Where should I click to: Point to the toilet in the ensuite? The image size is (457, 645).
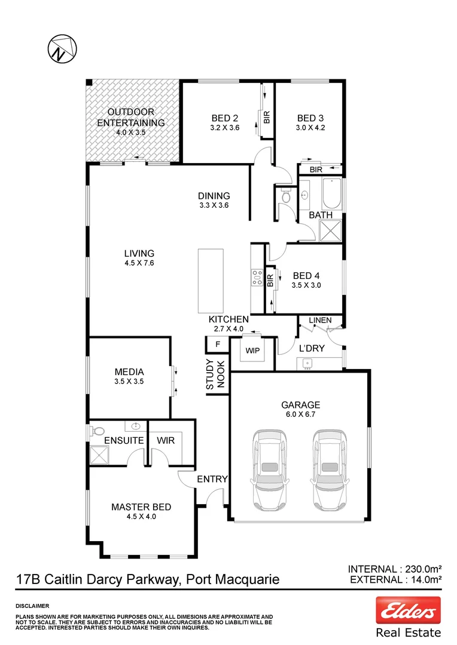[98, 431]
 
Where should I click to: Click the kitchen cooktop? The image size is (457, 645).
[257, 277]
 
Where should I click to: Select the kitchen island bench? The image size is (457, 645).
[210, 280]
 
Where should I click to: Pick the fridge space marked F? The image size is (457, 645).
[217, 345]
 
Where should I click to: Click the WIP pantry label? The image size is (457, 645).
[252, 351]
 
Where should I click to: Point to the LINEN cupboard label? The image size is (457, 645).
[320, 321]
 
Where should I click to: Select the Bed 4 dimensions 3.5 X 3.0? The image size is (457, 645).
[307, 285]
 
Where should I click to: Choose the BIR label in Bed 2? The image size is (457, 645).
[267, 118]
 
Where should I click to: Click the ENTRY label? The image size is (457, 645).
[212, 478]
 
